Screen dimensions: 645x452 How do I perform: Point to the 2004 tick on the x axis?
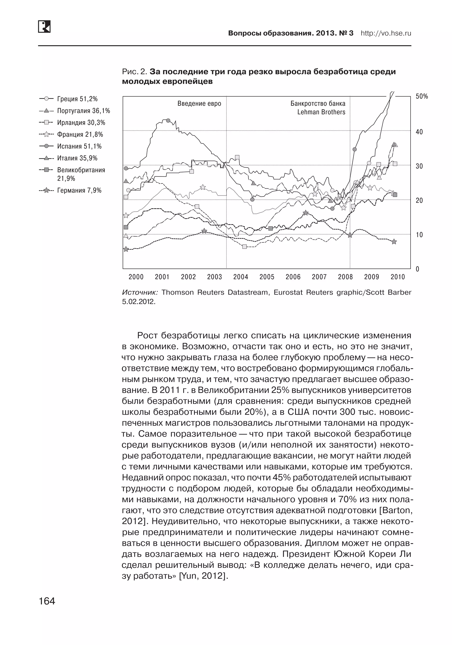click(x=241, y=277)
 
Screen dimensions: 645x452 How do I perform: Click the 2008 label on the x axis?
click(x=345, y=277)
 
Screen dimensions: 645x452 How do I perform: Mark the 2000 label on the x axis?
click(x=136, y=277)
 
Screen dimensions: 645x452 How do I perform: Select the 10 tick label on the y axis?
click(x=419, y=235)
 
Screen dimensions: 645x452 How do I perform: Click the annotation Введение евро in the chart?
click(x=199, y=104)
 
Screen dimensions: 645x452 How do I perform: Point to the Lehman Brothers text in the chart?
click(x=321, y=112)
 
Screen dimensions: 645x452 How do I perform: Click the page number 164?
click(x=47, y=601)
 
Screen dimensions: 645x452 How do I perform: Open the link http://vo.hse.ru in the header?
click(x=386, y=33)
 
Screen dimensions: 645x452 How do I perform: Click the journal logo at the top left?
click(x=44, y=27)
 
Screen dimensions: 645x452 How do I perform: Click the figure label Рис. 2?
click(x=135, y=72)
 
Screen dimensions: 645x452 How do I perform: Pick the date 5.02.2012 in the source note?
click(x=139, y=302)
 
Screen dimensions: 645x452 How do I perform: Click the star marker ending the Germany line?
click(x=394, y=241)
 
